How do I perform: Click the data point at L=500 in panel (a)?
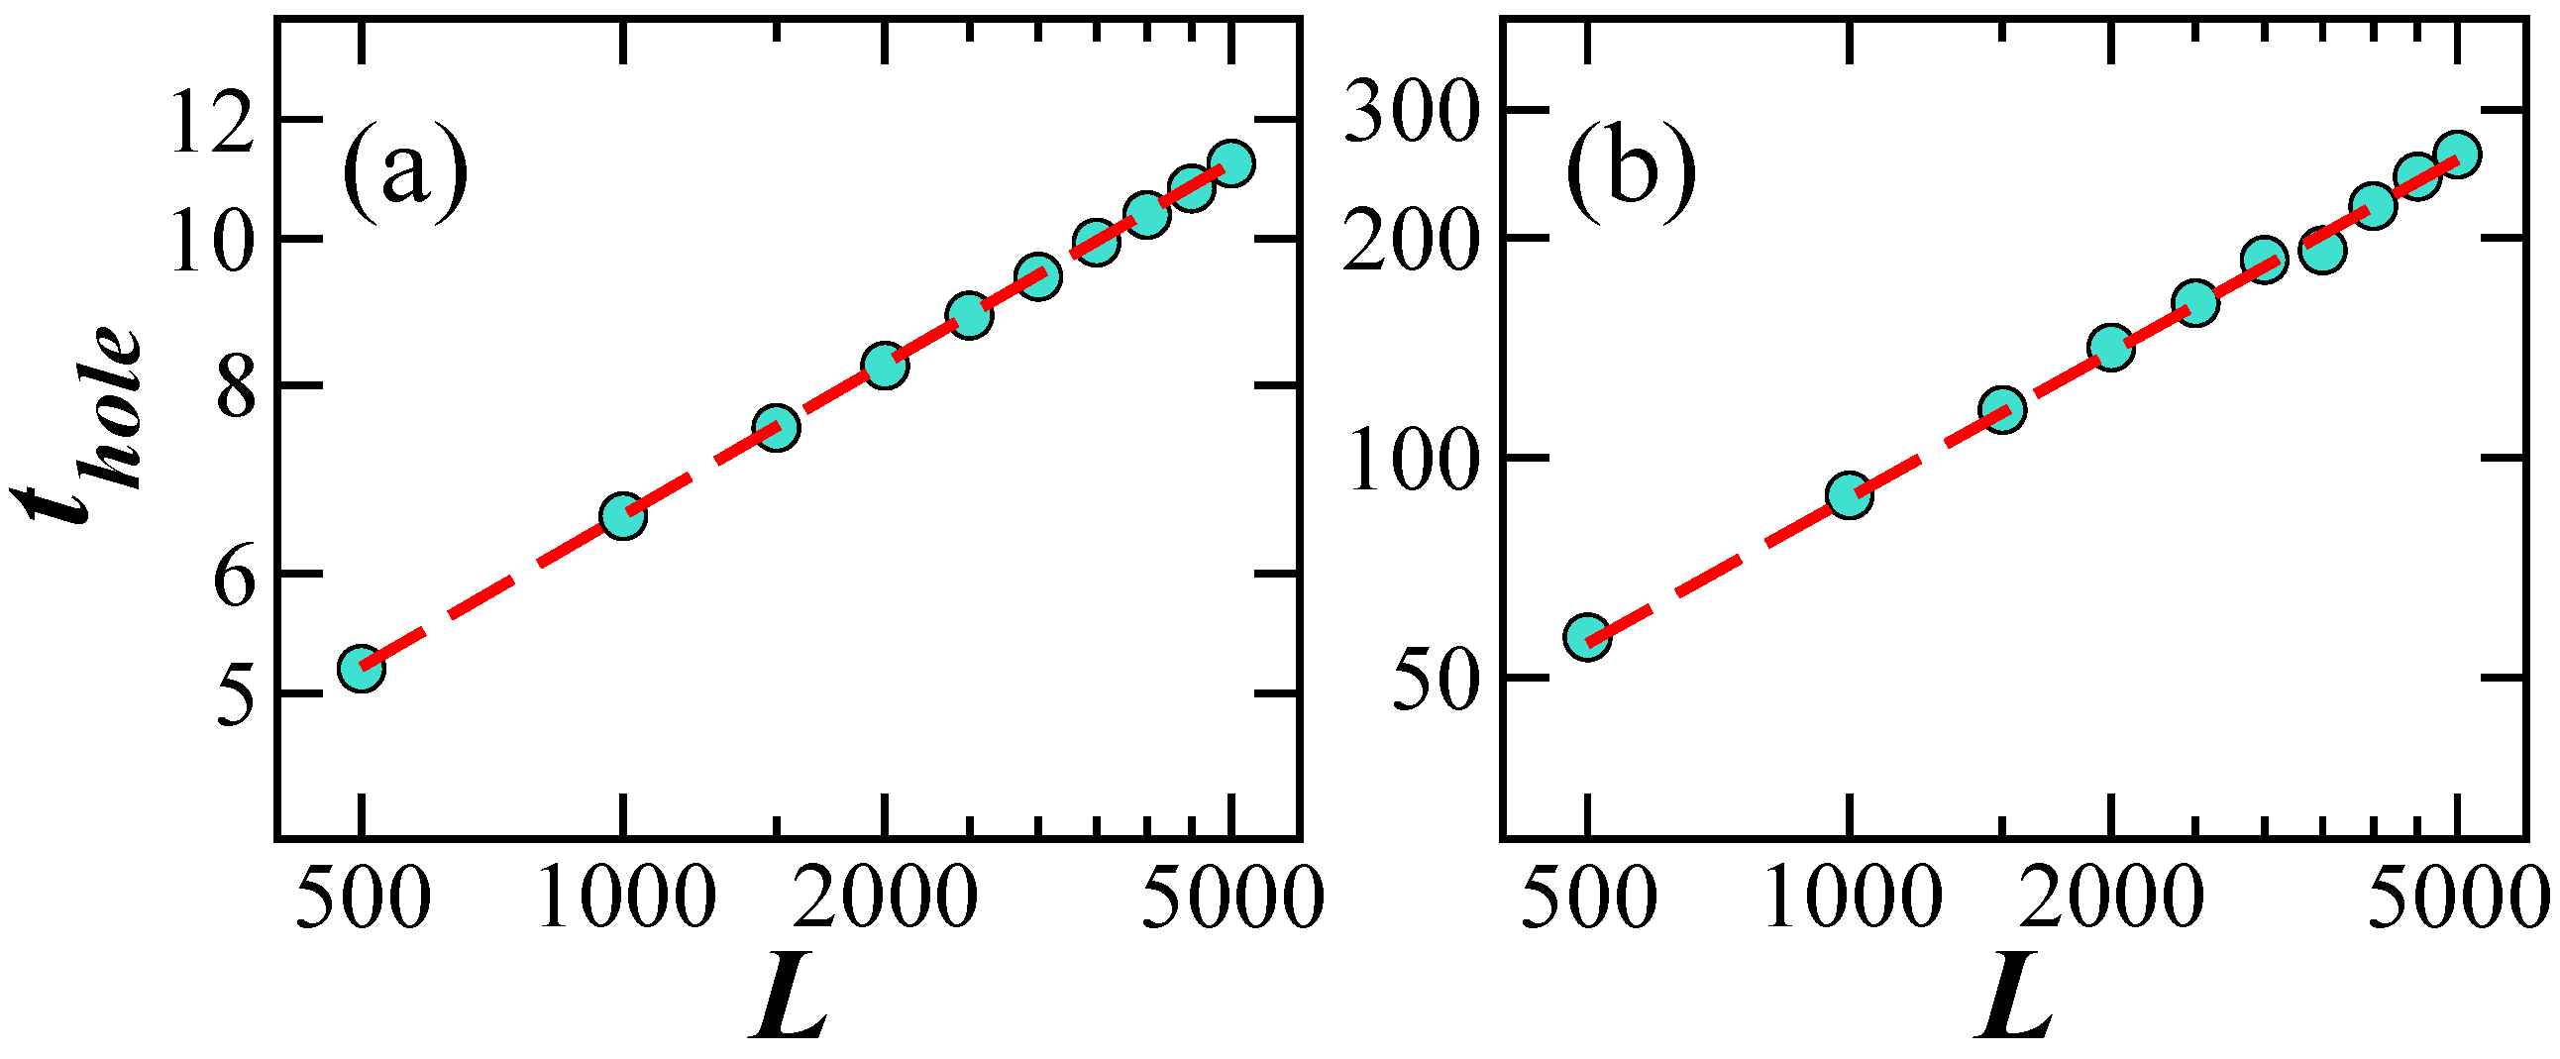(362, 668)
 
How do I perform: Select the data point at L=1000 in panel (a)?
(623, 515)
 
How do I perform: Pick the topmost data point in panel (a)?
(1230, 161)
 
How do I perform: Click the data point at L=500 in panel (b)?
(1587, 637)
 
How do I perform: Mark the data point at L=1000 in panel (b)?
(1850, 494)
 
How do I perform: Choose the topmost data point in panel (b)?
(2458, 154)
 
